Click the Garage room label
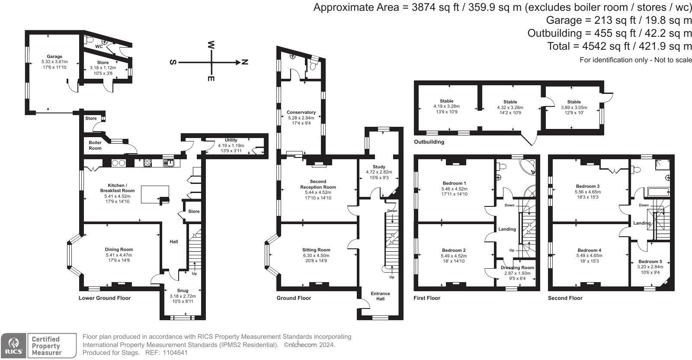[54, 57]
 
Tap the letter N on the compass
[245, 62]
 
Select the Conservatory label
[301, 112]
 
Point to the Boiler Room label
[95, 145]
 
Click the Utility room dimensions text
[231, 148]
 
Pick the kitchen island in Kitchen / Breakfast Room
[155, 194]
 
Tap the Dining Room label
[119, 249]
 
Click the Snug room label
[183, 290]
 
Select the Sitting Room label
[316, 250]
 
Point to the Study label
[379, 167]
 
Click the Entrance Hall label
[380, 296]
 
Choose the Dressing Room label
[517, 267]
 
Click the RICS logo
[13, 346]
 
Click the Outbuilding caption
[429, 142]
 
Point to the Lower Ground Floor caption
[104, 298]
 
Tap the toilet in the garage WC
[89, 40]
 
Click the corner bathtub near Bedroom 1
[528, 167]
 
